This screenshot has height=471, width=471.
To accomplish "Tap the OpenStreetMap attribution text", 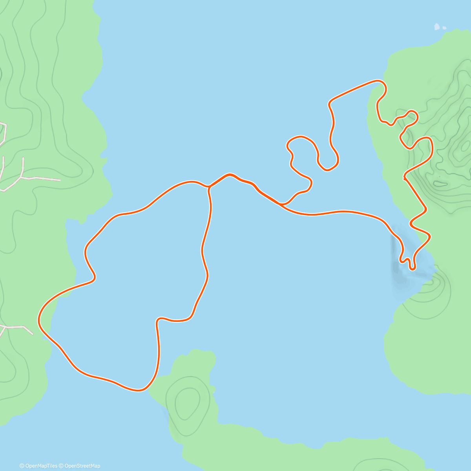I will click(x=82, y=466).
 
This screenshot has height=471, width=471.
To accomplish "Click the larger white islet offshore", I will click(x=436, y=27).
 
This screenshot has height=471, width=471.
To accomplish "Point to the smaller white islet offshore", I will click(x=444, y=28).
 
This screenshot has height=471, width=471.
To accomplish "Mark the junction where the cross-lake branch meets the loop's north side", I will click(x=208, y=187).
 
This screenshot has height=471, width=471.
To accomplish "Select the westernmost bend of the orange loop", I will click(x=39, y=320).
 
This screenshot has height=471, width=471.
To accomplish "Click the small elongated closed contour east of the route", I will click(x=440, y=183).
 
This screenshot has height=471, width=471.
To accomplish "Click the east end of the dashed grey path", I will click(x=60, y=180).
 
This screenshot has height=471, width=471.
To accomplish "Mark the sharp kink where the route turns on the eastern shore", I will click(x=405, y=179).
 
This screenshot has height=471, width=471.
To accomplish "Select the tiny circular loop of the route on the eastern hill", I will click(x=412, y=116).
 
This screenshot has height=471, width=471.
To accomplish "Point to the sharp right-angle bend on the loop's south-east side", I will click(x=158, y=320).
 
